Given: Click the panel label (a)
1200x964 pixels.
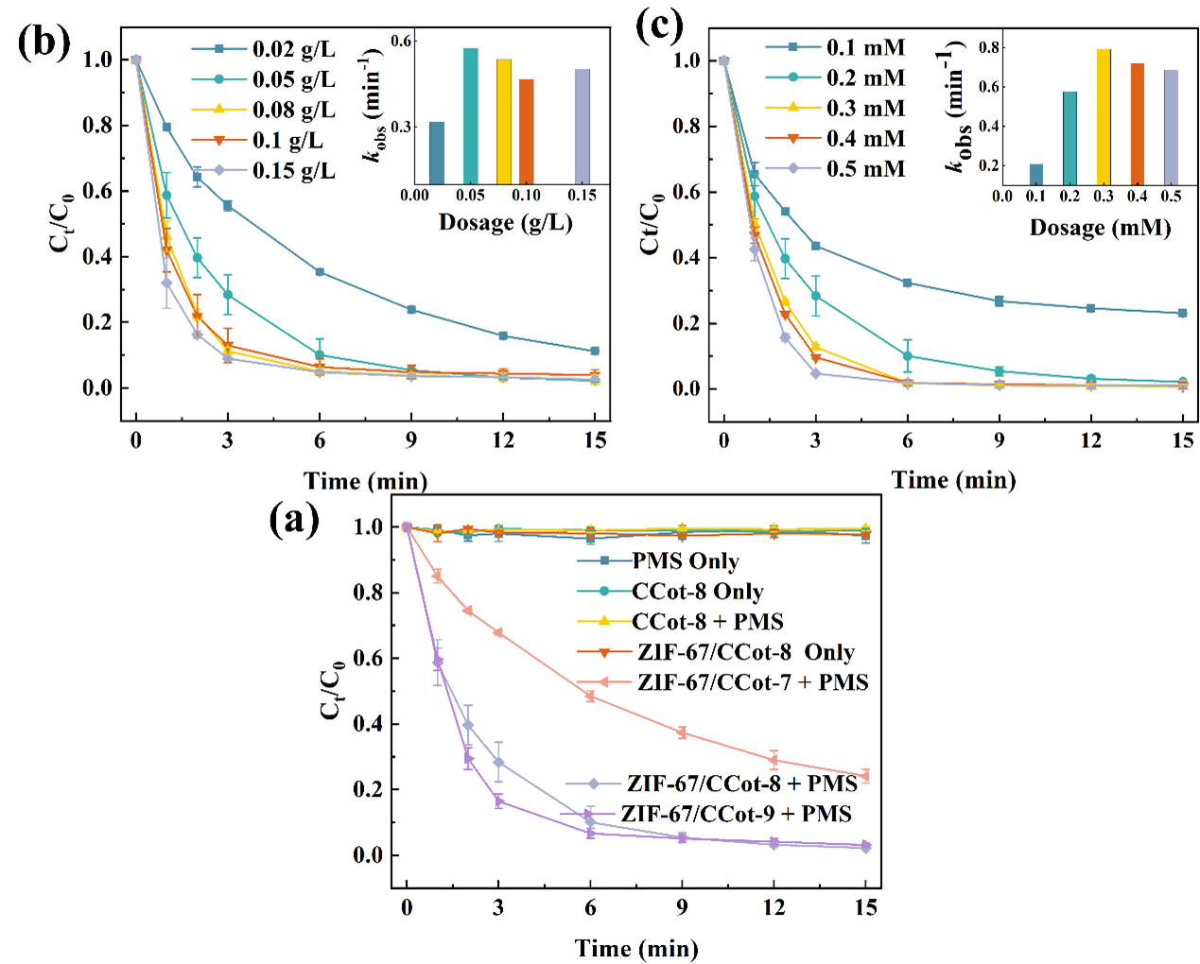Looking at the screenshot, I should tap(294, 519).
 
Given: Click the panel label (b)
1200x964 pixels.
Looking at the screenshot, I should tap(43, 43).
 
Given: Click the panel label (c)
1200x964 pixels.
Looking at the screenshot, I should tap(659, 26).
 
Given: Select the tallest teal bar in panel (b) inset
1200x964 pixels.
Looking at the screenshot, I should tap(470, 115).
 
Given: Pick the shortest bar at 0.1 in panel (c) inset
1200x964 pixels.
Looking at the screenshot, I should tap(1036, 174).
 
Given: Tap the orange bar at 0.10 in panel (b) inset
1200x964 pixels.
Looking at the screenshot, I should tap(526, 131).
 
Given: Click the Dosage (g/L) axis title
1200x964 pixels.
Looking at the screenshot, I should tap(505, 222).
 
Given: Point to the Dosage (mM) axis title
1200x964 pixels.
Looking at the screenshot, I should tap(1100, 228).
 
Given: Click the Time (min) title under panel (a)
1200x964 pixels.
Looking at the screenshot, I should tap(636, 948).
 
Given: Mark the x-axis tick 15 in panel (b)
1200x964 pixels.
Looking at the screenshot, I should tap(595, 439).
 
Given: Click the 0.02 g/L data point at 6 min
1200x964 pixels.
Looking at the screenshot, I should tap(320, 272).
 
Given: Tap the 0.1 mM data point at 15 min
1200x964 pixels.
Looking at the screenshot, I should tap(1182, 313).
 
